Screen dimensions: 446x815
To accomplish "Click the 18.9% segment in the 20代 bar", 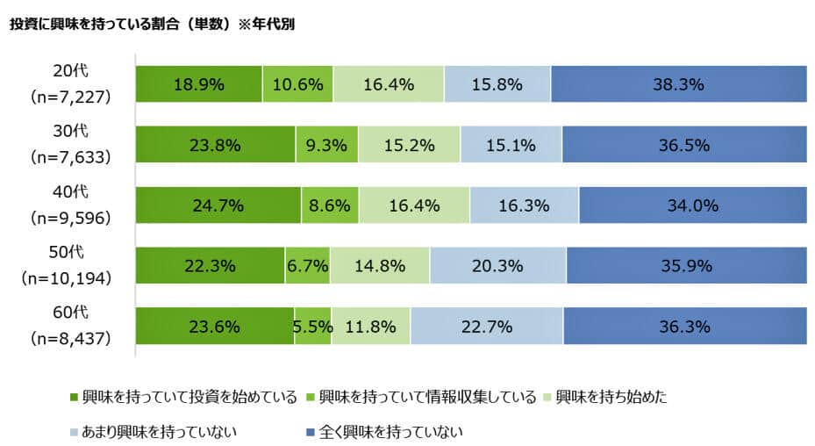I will pos(199,85).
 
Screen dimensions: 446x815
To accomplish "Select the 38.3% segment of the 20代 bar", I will pos(678,85).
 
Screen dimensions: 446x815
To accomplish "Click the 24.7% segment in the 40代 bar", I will pos(218,206).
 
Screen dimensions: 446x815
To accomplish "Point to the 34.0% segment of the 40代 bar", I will pos(692,206).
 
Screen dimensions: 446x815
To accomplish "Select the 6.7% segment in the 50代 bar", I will pos(307,266).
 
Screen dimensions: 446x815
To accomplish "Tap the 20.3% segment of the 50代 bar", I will pos(497,266).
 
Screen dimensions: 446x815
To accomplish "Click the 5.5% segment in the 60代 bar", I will pos(312,326).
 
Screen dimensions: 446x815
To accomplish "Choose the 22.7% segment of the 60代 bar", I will pos(486,326).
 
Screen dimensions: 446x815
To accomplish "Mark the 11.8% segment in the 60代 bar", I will pos(370,326).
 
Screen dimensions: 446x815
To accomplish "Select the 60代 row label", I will pos(71,313).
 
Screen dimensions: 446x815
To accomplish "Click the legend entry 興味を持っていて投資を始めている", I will pos(189,397).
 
